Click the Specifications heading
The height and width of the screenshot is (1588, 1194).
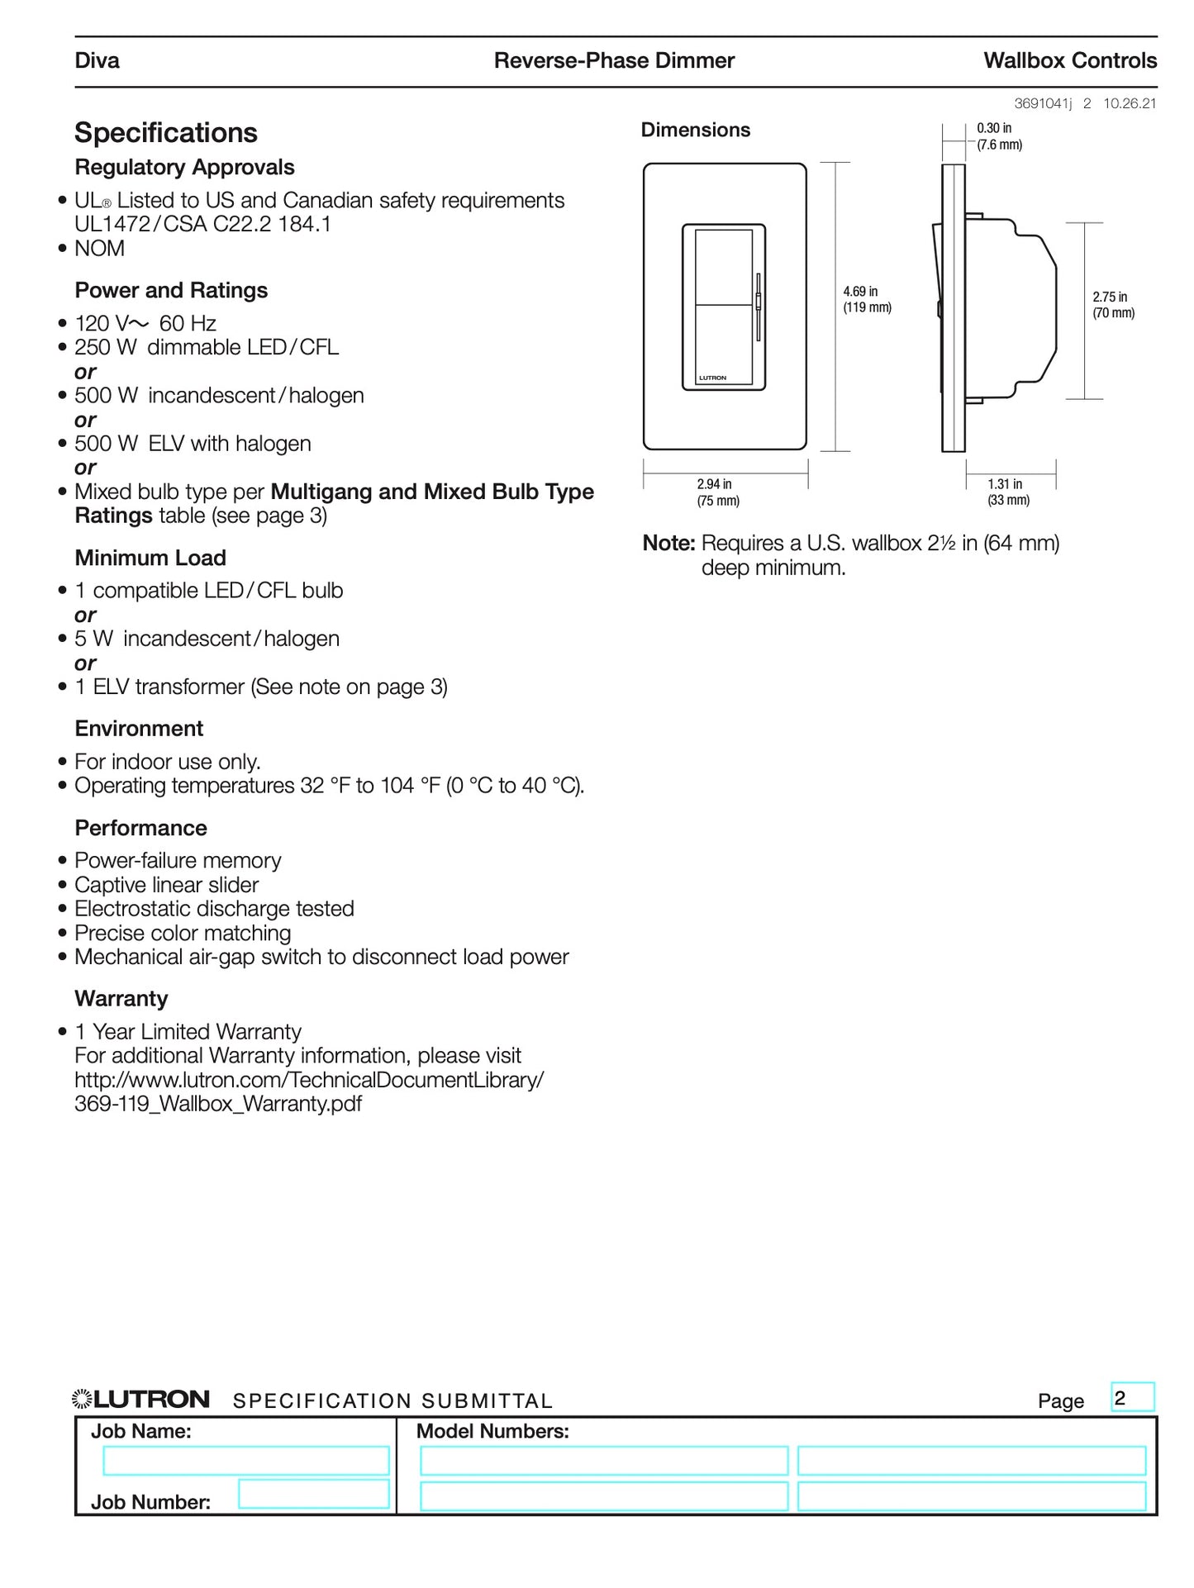(165, 133)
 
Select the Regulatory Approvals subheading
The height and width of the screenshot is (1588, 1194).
(184, 168)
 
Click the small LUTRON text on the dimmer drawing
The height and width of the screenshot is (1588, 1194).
(712, 378)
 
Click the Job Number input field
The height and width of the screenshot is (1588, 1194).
(314, 1494)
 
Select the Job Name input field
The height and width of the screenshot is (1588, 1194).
(245, 1461)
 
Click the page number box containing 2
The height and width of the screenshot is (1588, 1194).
(1132, 1398)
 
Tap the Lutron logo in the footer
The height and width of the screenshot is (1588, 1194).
(141, 1400)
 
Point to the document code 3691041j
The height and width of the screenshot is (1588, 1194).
(1043, 104)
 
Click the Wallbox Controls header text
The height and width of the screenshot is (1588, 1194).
(1069, 61)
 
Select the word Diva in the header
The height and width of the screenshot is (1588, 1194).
(97, 61)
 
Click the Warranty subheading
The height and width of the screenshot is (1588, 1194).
(121, 999)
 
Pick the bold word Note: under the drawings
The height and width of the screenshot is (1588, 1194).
(668, 544)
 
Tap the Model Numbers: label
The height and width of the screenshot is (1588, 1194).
(492, 1432)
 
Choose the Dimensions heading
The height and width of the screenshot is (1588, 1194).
(695, 131)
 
